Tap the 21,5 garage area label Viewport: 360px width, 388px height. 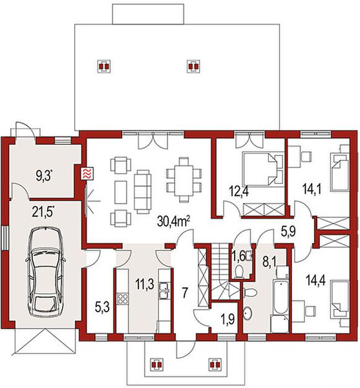coord(43,211)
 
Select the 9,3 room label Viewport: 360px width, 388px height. coord(45,176)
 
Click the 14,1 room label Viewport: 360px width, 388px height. coord(312,189)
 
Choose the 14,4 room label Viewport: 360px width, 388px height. coord(315,280)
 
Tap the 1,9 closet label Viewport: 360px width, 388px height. coord(228,319)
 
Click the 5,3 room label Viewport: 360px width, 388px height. coord(102,308)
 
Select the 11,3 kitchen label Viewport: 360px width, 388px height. coord(145,284)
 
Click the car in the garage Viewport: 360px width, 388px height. coord(45,272)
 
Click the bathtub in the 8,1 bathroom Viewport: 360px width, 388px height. coord(281,297)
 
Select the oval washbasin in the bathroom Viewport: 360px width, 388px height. coord(248,314)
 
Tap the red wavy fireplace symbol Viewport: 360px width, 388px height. coord(87,174)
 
